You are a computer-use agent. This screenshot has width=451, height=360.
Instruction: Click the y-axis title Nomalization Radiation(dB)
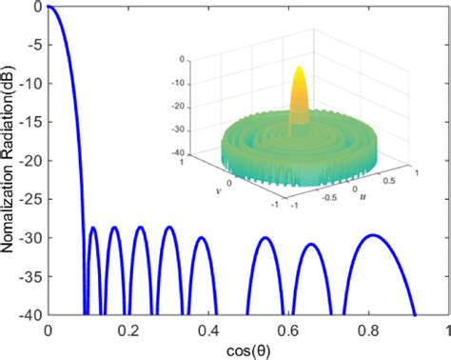pos(9,162)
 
